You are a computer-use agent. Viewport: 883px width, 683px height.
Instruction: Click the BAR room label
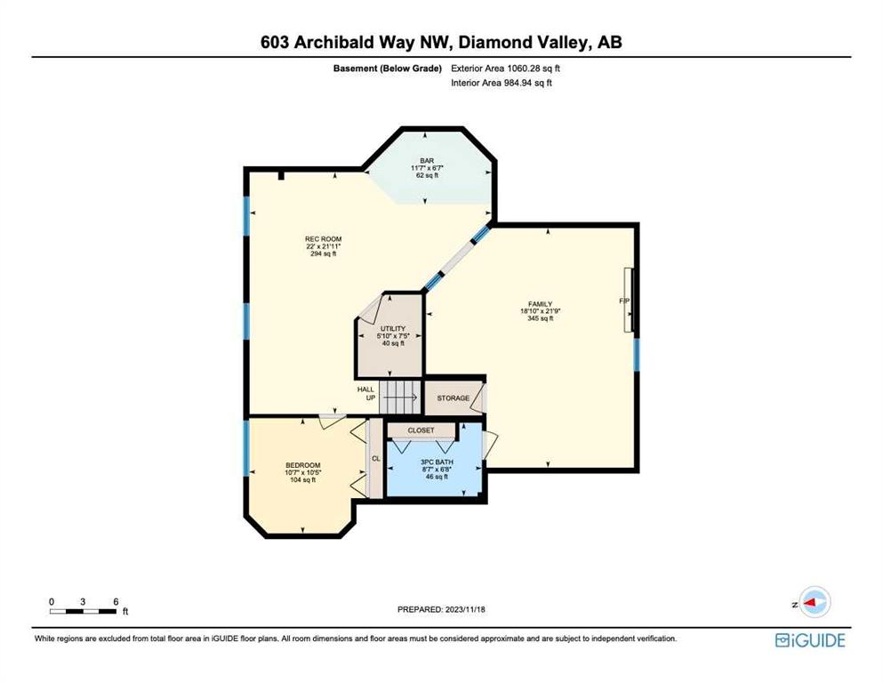pyautogui.click(x=427, y=161)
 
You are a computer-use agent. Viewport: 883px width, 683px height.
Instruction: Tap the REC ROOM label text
pyautogui.click(x=324, y=239)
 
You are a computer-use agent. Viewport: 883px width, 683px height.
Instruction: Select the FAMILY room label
pyautogui.click(x=540, y=304)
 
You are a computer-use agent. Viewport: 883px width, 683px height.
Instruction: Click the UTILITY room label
pyautogui.click(x=392, y=329)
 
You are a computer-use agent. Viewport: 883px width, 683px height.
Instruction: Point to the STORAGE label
pyautogui.click(x=454, y=398)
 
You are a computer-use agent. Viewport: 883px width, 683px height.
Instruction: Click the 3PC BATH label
pyautogui.click(x=437, y=462)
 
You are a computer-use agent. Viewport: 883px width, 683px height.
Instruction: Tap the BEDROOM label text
pyautogui.click(x=303, y=465)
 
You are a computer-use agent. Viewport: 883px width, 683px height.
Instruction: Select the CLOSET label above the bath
pyautogui.click(x=421, y=430)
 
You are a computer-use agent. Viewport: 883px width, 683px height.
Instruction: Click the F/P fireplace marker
pyautogui.click(x=624, y=301)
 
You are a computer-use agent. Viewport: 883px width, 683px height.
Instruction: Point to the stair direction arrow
pyautogui.click(x=401, y=398)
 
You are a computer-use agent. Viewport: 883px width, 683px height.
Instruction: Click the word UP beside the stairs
pyautogui.click(x=371, y=398)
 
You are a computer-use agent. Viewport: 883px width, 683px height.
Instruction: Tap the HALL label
pyautogui.click(x=365, y=390)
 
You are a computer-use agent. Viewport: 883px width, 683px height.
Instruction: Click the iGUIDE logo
pyautogui.click(x=810, y=640)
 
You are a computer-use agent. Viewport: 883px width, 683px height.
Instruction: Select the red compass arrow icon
pyautogui.click(x=810, y=602)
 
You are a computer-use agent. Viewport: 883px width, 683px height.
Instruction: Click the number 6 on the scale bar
pyautogui.click(x=116, y=602)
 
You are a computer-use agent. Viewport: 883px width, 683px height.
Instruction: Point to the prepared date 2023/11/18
pyautogui.click(x=464, y=609)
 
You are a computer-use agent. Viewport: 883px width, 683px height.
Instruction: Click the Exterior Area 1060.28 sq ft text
pyautogui.click(x=505, y=68)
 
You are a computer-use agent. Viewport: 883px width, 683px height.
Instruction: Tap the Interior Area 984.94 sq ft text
pyautogui.click(x=502, y=83)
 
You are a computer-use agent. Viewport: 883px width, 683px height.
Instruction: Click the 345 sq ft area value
pyautogui.click(x=540, y=318)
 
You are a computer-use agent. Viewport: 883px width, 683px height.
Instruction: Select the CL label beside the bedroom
pyautogui.click(x=376, y=459)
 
